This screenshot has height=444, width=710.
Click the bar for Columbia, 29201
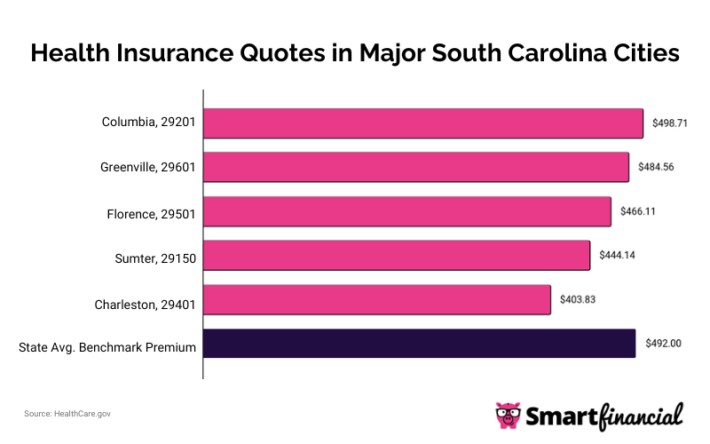click(423, 123)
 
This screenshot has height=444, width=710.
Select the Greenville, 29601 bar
click(416, 167)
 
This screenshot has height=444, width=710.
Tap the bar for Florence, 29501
click(407, 211)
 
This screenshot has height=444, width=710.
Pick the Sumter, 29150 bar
click(397, 256)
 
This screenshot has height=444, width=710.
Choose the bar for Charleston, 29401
click(377, 299)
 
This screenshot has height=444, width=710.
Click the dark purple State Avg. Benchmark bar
click(420, 344)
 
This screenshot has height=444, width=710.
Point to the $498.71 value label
click(670, 123)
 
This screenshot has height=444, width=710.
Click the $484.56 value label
click(656, 167)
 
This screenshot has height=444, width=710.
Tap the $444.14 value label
click(618, 256)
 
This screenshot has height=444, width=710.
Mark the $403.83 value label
click(578, 299)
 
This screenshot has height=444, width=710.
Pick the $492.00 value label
click(663, 344)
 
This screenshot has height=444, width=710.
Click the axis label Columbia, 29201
click(148, 123)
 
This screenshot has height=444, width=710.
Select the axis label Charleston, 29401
click(145, 305)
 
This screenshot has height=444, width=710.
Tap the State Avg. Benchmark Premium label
click(107, 347)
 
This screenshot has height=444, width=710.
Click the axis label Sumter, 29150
click(154, 258)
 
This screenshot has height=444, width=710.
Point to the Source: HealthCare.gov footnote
click(67, 414)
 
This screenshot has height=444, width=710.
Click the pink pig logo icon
click(509, 415)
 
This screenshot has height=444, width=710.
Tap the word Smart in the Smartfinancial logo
click(562, 415)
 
